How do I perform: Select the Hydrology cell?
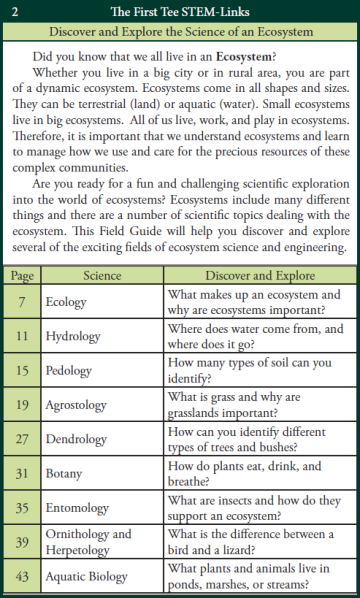74,337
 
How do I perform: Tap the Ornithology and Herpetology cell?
88,543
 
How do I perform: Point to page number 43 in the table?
22,577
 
